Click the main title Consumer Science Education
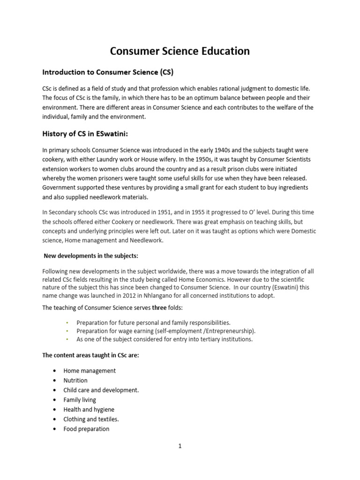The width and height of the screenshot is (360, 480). [x=180, y=51]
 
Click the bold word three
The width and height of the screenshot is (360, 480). [x=160, y=308]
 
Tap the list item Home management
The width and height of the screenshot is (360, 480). [x=90, y=370]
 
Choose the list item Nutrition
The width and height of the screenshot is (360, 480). [x=75, y=380]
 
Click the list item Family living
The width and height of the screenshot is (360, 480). [x=80, y=400]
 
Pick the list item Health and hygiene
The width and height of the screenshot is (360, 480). [x=89, y=409]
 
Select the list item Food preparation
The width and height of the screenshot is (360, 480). [x=86, y=429]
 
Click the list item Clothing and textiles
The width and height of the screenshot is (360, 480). [x=91, y=419]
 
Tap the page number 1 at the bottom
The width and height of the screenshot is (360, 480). [x=180, y=446]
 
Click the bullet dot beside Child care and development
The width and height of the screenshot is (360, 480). [x=55, y=390]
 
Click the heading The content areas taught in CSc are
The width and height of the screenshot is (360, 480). [x=90, y=355]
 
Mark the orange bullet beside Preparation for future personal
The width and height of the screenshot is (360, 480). [x=67, y=323]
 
